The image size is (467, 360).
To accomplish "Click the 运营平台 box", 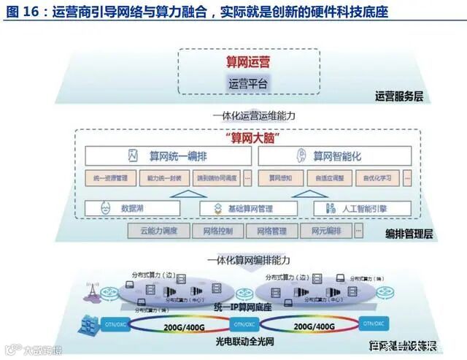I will [x=248, y=85].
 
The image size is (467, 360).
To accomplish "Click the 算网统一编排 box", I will [x=169, y=156].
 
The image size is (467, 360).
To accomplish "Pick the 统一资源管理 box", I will [x=111, y=177].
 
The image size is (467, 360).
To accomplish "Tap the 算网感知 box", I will [x=280, y=177].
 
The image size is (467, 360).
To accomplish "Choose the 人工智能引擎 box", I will [x=355, y=209].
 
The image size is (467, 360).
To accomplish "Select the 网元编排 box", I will [x=326, y=231].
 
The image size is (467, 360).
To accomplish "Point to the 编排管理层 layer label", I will [x=409, y=234].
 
